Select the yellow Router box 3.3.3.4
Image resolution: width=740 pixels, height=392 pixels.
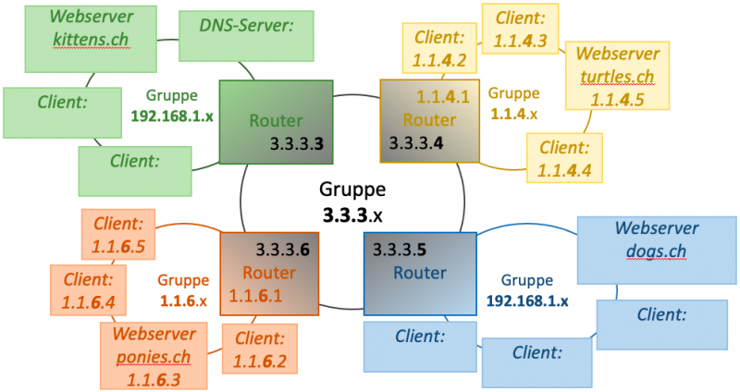point(422,121)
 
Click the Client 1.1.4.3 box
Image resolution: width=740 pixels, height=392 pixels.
point(521,29)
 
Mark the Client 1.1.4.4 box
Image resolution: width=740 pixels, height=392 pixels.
point(563,158)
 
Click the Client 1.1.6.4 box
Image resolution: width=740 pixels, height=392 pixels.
point(88,289)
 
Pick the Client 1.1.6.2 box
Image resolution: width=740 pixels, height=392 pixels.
point(260,349)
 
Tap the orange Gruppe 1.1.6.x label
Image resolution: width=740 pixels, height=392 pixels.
point(183,290)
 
